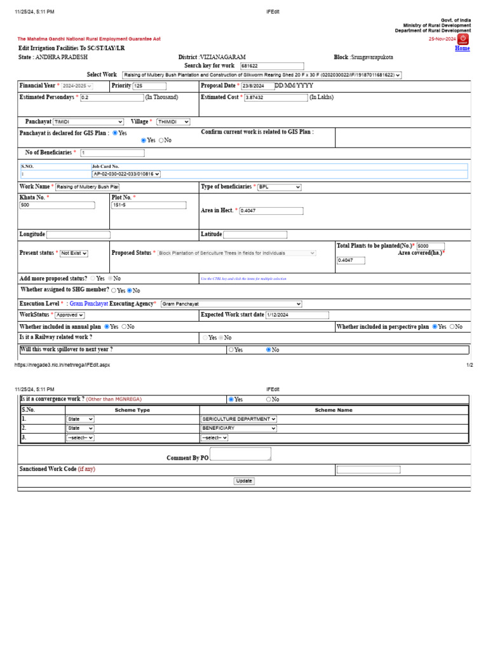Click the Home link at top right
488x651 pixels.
tap(462, 48)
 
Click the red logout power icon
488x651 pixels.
tap(463, 39)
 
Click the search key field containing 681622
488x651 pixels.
tap(271, 66)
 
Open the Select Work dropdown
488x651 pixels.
tap(261, 75)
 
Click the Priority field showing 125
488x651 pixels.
tap(149, 86)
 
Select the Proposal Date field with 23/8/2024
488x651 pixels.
tap(257, 86)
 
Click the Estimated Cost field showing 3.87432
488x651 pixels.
tap(276, 98)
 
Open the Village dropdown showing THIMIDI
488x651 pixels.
tap(173, 121)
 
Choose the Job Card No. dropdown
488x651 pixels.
tap(126, 174)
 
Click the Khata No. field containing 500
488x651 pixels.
tap(57, 205)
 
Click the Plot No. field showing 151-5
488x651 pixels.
tap(149, 205)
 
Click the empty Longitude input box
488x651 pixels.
tap(78, 235)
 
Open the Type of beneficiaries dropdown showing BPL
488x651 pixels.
tap(279, 188)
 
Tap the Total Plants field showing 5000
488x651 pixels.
tap(430, 246)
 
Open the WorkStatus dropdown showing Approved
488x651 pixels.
tap(69, 315)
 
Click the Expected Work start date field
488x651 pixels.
tap(297, 315)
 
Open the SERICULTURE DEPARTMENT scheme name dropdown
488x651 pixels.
tap(238, 419)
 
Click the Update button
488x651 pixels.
tap(244, 481)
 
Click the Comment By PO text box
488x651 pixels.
tap(240, 454)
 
